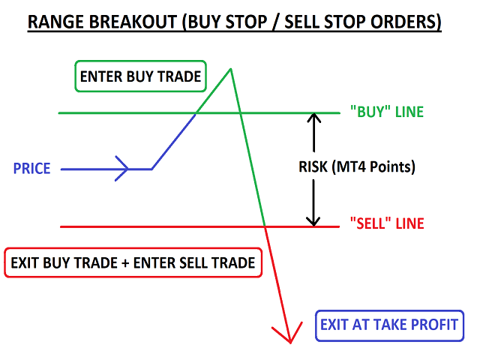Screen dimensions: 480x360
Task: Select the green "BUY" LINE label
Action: click(387, 112)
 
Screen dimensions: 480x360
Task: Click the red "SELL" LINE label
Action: click(387, 223)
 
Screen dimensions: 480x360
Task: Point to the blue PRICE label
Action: click(31, 169)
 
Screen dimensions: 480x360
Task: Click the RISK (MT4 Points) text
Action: click(357, 166)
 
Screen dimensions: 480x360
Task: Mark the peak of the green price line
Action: click(230, 69)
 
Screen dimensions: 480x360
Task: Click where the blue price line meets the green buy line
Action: click(196, 113)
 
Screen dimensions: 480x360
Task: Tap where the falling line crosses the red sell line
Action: click(265, 226)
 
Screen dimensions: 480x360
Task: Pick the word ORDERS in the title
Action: click(406, 22)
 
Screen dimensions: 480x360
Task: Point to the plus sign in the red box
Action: click(125, 263)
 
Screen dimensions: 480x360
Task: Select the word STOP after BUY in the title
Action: click(246, 22)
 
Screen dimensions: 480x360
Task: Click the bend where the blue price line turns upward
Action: click(152, 169)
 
